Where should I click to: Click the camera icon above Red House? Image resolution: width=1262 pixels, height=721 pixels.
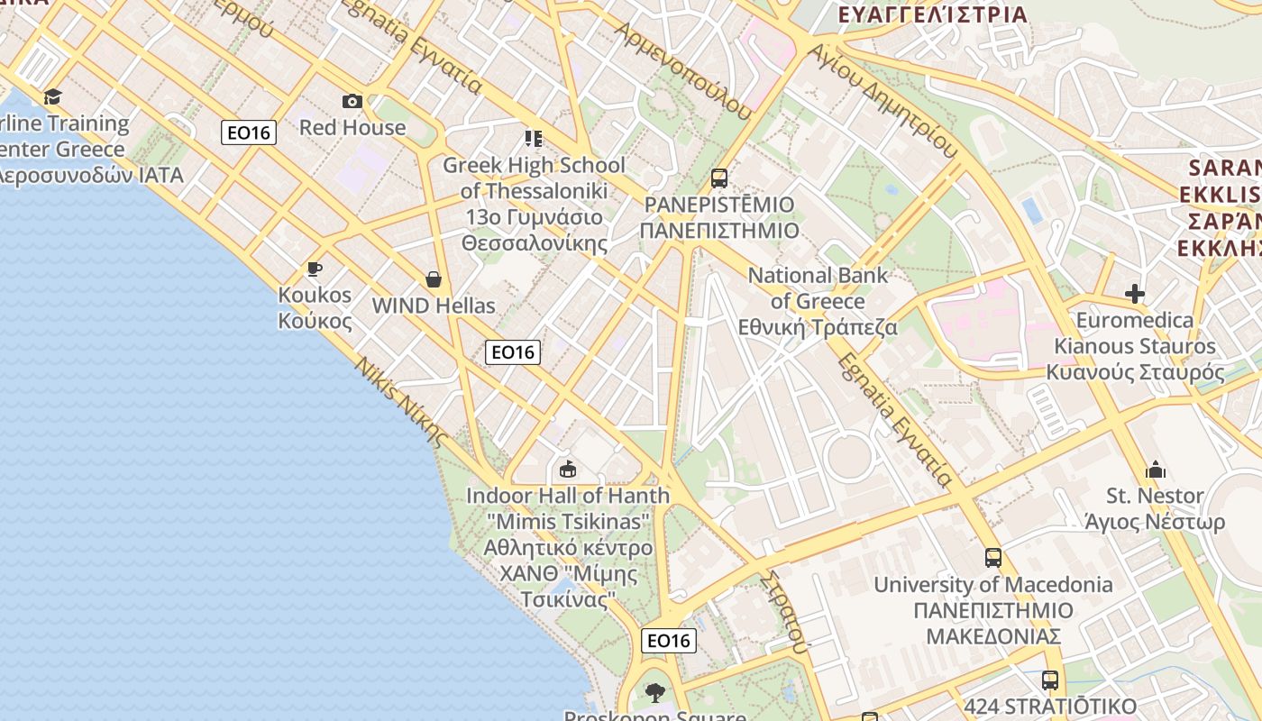click(352, 102)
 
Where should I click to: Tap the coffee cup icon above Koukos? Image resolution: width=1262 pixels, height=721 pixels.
click(315, 269)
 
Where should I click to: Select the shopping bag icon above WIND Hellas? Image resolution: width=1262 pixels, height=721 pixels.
click(434, 279)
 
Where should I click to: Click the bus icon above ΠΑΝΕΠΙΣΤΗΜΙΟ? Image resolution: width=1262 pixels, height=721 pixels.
click(718, 178)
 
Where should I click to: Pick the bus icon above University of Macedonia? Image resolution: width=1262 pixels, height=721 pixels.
click(992, 558)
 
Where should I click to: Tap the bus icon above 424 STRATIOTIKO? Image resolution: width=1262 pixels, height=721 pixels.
click(1049, 680)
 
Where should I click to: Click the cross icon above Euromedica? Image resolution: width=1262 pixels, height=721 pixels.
click(1135, 294)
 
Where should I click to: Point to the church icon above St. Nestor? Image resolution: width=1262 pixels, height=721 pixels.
click(1156, 470)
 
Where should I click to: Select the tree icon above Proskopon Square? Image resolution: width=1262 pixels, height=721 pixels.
click(655, 692)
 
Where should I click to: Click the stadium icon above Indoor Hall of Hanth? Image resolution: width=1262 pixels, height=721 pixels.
click(568, 469)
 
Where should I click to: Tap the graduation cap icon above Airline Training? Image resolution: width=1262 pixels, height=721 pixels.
click(53, 96)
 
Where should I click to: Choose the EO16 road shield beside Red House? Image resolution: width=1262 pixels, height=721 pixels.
click(249, 132)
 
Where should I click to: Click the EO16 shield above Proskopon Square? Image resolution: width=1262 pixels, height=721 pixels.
click(669, 641)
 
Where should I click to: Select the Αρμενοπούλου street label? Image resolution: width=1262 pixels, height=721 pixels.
click(682, 69)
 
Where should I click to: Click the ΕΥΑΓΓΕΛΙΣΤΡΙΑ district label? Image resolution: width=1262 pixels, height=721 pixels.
click(933, 14)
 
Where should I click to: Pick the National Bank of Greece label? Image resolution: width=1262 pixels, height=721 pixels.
click(818, 301)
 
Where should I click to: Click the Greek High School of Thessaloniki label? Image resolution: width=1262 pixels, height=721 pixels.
click(534, 204)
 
